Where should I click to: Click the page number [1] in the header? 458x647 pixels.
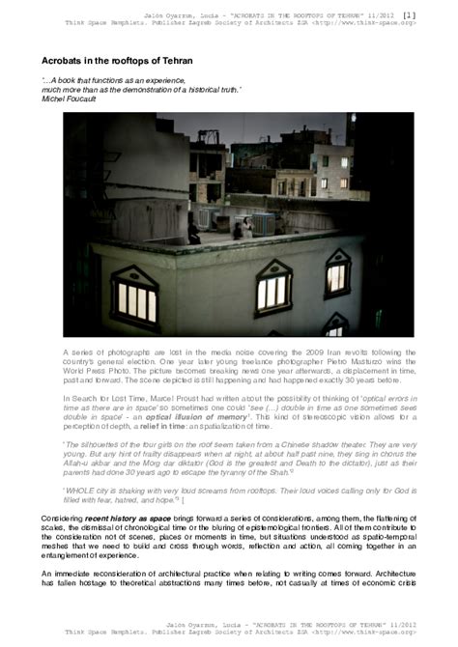pyautogui.click(x=436, y=14)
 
